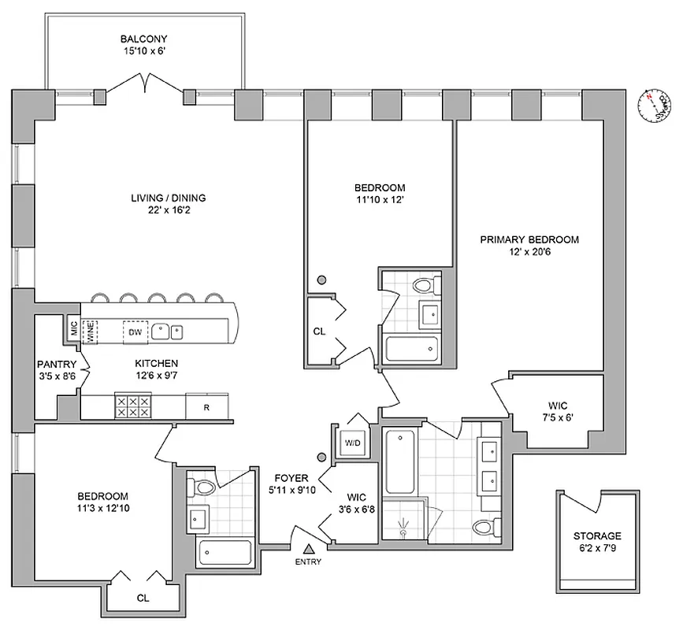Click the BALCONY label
pos(143,39)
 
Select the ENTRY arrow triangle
pos(309,548)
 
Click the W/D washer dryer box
pos(352,443)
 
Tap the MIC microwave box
pos(72,328)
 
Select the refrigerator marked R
pos(206,407)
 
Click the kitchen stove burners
pos(133,406)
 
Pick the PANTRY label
pos(57,365)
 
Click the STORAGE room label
pos(597,535)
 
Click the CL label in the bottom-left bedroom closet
pos(143,598)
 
